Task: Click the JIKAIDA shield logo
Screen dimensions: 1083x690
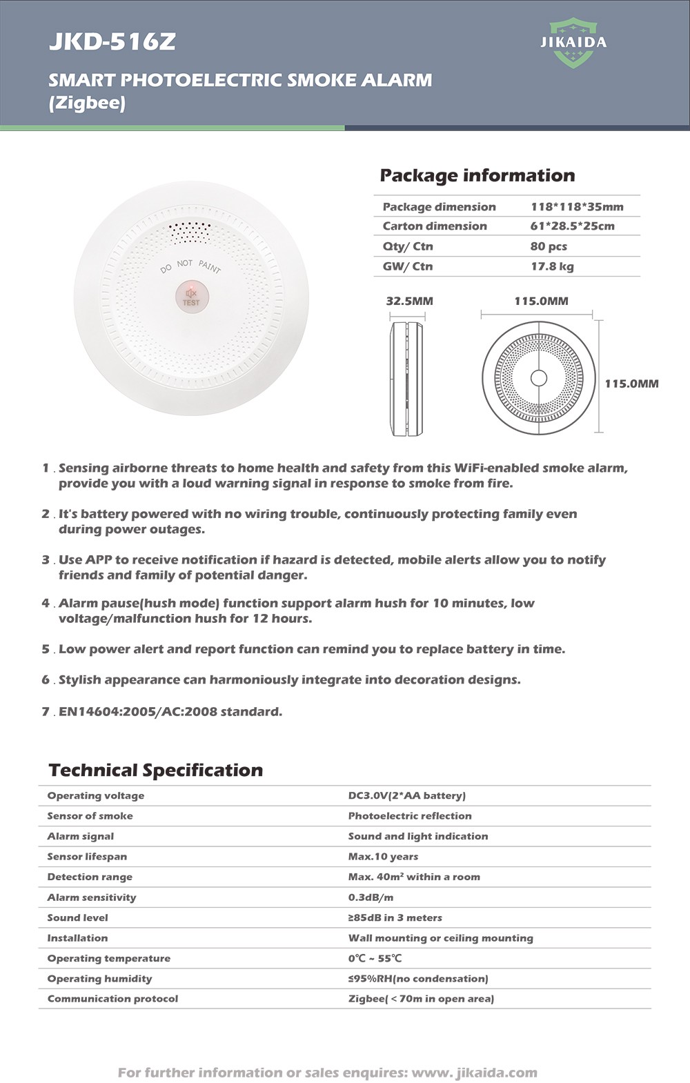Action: point(573,43)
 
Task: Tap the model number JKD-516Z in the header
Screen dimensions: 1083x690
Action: point(112,42)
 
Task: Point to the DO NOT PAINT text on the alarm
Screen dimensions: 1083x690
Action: point(190,265)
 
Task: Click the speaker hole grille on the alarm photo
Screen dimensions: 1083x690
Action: point(190,232)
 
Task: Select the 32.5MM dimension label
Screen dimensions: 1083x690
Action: point(409,301)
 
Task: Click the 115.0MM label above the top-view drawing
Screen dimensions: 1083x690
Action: point(541,301)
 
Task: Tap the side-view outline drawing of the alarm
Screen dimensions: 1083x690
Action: point(407,378)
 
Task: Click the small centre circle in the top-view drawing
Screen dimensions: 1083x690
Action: point(538,378)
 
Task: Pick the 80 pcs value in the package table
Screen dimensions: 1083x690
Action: point(549,246)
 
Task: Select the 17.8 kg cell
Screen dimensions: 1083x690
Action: point(552,266)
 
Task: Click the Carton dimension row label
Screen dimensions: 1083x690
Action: point(435,226)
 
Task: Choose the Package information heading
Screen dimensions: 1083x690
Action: point(477,175)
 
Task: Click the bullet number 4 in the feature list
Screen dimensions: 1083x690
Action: point(46,604)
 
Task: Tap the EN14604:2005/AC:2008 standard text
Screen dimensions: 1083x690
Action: point(170,712)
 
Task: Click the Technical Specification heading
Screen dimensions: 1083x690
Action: point(156,771)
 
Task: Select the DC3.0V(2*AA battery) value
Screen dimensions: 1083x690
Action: point(406,795)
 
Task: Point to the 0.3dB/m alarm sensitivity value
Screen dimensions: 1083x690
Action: point(371,897)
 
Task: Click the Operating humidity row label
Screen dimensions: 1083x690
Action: point(99,979)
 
